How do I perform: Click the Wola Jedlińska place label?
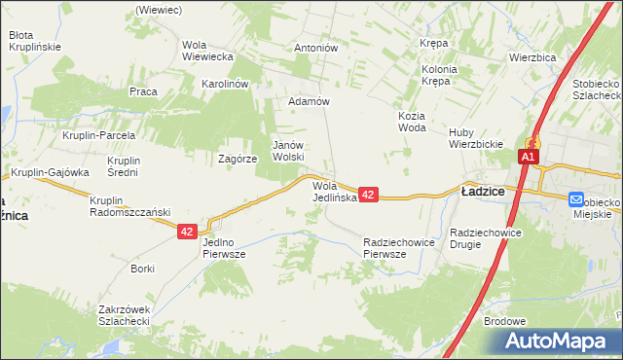(x=336, y=191)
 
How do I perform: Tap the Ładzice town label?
(x=482, y=192)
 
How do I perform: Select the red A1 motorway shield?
(x=529, y=157)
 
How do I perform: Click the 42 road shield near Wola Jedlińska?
(x=368, y=196)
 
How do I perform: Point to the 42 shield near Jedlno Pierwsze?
(x=188, y=232)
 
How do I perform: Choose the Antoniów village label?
(x=315, y=48)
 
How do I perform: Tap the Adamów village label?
(x=311, y=101)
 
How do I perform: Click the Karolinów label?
(x=226, y=84)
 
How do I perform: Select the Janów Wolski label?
(x=288, y=150)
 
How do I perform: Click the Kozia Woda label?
(x=413, y=121)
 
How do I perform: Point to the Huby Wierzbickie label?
(x=474, y=138)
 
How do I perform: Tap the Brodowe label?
(x=504, y=321)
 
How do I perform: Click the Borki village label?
(x=143, y=268)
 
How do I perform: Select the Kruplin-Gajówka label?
(x=51, y=172)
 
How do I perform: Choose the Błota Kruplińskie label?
(x=35, y=40)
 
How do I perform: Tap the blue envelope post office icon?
(x=577, y=198)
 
